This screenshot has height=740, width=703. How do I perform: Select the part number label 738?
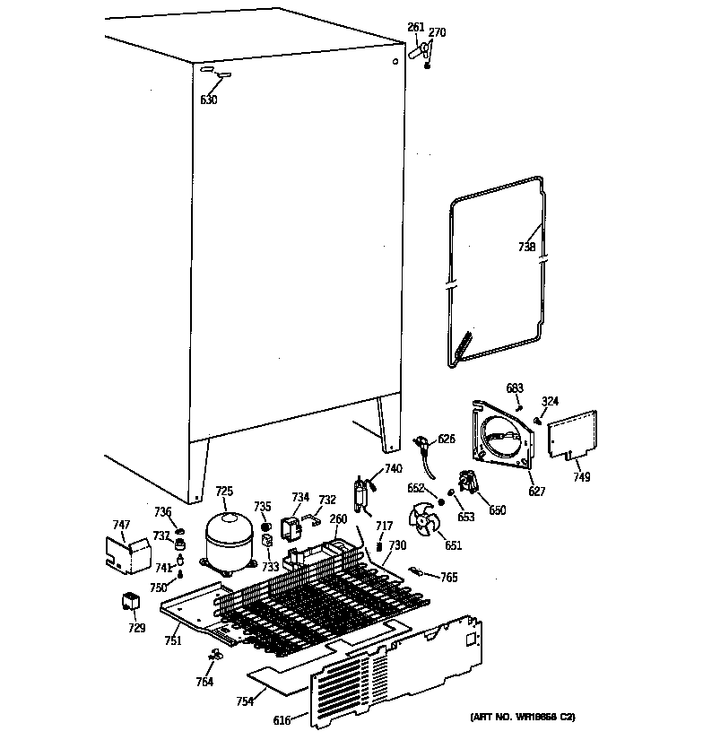(x=527, y=248)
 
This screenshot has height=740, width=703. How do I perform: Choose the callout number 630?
(x=208, y=100)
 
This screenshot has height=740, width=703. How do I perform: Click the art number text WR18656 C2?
(x=522, y=717)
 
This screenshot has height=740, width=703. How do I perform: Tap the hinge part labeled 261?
(x=414, y=53)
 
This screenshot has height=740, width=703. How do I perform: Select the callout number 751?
(x=172, y=640)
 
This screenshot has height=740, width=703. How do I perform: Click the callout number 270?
(x=437, y=33)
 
